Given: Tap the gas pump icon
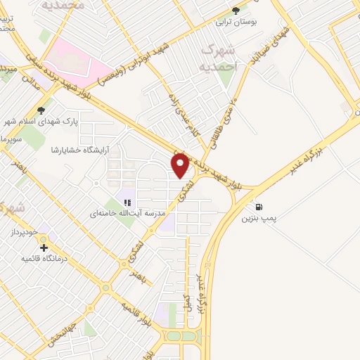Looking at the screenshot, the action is pos(259,207).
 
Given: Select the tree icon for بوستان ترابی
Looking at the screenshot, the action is pos(236,11).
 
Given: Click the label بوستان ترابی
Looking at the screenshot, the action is pos(240,22).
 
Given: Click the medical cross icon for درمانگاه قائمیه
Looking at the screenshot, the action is pos(44,247).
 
